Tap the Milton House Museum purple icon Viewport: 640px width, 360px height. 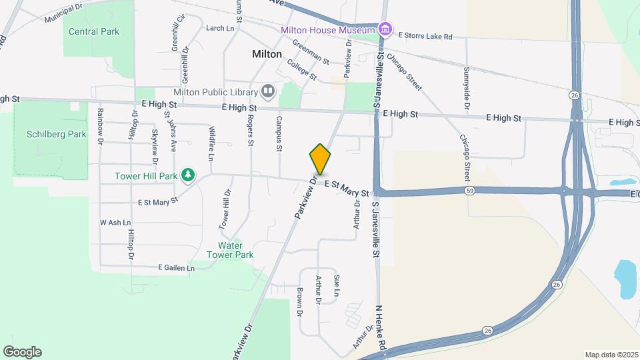[385, 29]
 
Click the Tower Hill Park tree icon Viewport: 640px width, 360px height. [189, 175]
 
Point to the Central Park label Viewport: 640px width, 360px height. [94, 31]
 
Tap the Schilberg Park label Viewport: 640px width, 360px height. [57, 134]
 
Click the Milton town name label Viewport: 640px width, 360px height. [267, 54]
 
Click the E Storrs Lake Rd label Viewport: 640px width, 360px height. [425, 36]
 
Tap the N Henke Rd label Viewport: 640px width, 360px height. [381, 328]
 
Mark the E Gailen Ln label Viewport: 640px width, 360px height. [176, 268]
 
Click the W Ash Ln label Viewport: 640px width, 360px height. [115, 222]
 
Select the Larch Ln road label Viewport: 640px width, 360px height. [220, 28]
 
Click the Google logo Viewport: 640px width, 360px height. [22, 352]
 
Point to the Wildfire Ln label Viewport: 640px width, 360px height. [211, 143]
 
